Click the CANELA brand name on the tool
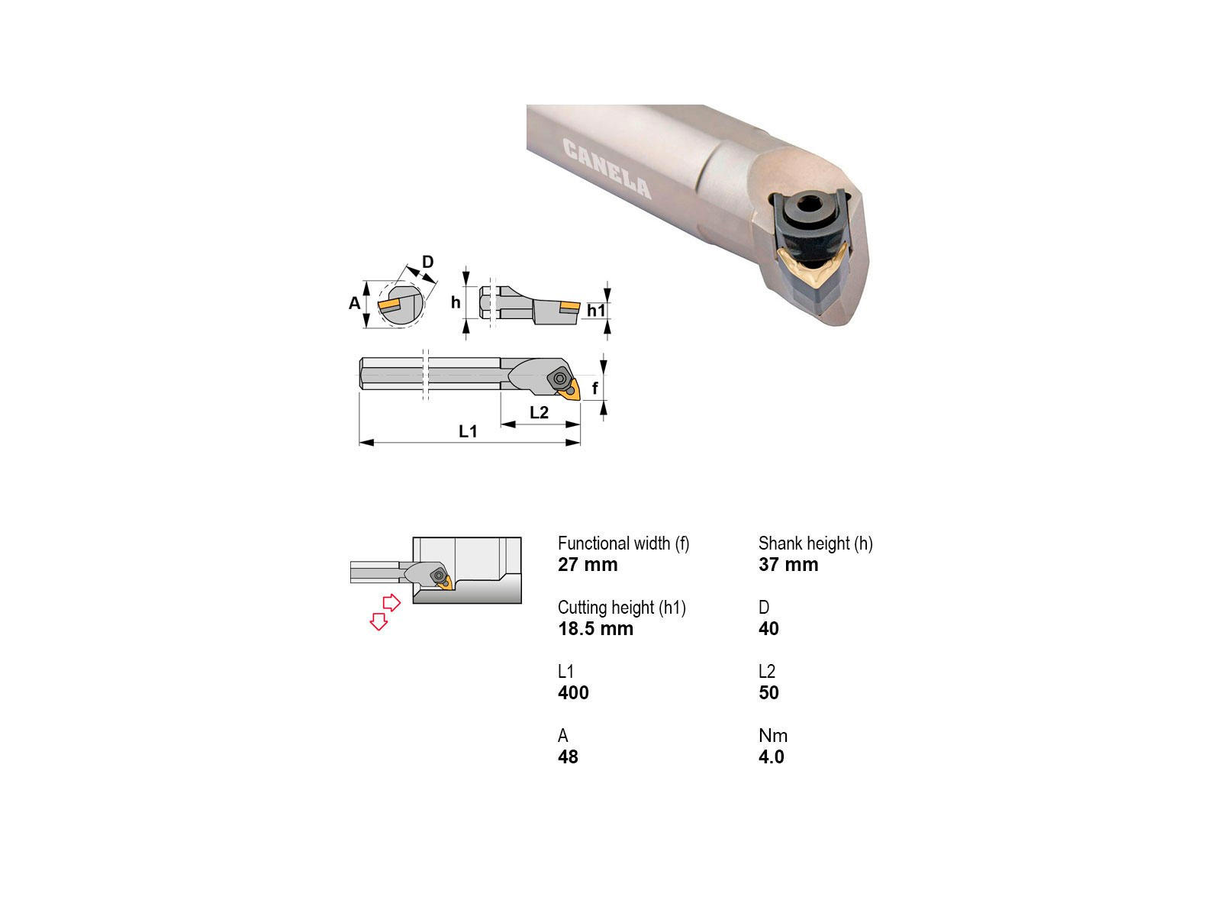pos(607,169)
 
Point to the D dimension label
pos(427,261)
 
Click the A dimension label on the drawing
pos(354,303)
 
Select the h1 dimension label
pos(596,311)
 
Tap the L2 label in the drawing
pos(539,412)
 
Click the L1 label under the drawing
pos(468,431)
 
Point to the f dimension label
pos(594,388)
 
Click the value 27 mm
pos(588,565)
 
